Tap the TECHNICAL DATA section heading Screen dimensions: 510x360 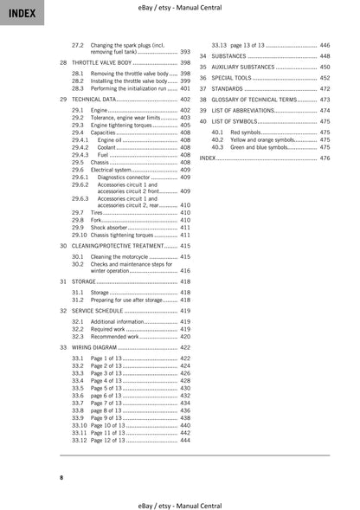(x=93, y=100)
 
